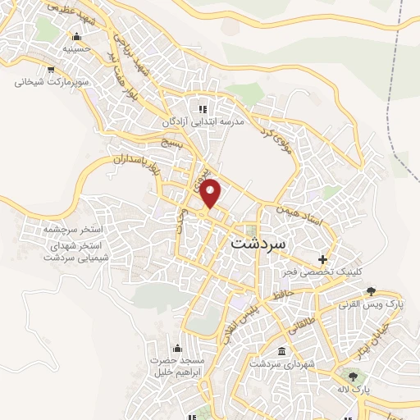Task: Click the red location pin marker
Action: point(211,193)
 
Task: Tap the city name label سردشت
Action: point(258,244)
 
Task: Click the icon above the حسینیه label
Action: point(76,36)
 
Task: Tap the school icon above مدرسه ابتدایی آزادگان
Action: point(202,109)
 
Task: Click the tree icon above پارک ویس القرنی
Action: point(371,291)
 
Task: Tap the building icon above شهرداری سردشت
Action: point(282,351)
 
